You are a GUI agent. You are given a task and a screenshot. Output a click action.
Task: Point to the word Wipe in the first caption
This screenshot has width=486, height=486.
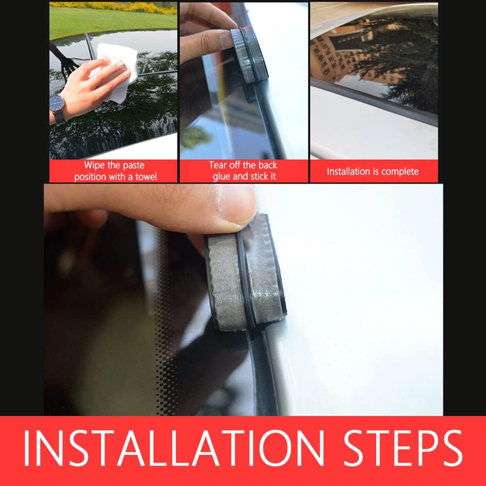pyautogui.click(x=94, y=165)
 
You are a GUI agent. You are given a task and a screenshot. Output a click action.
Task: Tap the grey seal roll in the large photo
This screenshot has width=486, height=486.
pyautogui.click(x=245, y=277)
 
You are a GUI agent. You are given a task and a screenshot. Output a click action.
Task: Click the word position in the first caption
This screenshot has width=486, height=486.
pyautogui.click(x=90, y=176)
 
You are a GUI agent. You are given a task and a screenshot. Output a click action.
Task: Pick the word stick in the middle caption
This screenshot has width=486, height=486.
pyautogui.click(x=266, y=176)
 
